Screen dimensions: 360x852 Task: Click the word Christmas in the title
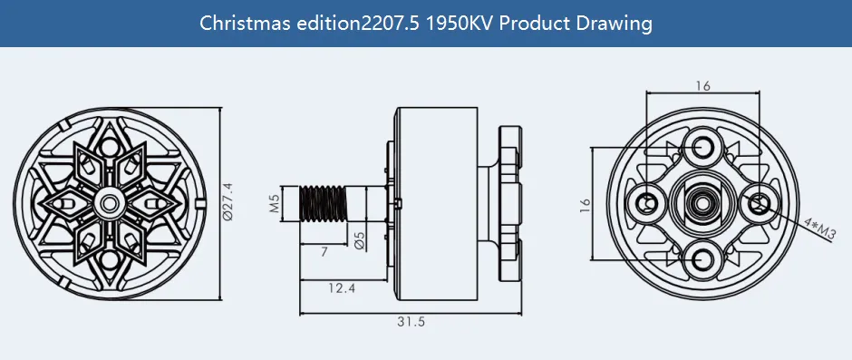click(x=237, y=23)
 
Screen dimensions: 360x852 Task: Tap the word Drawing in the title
click(x=617, y=23)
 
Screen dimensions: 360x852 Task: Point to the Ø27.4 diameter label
click(x=228, y=202)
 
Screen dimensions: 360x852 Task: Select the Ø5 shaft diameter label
click(x=359, y=240)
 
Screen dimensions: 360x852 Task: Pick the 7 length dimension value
click(x=324, y=249)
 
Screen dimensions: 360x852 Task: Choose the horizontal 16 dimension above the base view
click(x=703, y=85)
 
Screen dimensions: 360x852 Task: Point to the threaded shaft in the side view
click(x=324, y=202)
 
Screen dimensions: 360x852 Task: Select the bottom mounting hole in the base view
click(x=703, y=261)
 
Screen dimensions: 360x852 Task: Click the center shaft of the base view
click(x=703, y=202)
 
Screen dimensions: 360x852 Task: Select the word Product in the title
click(x=536, y=23)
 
